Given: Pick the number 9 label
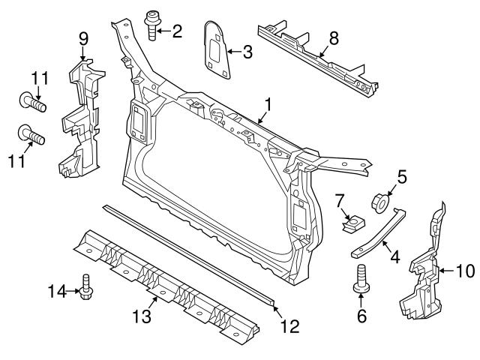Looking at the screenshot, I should click(x=82, y=36).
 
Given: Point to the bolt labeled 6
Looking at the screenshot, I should click(x=362, y=281).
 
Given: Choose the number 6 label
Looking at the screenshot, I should click(x=362, y=317).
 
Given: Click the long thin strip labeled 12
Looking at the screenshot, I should click(x=187, y=252).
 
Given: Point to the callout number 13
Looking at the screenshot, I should click(x=142, y=317).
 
